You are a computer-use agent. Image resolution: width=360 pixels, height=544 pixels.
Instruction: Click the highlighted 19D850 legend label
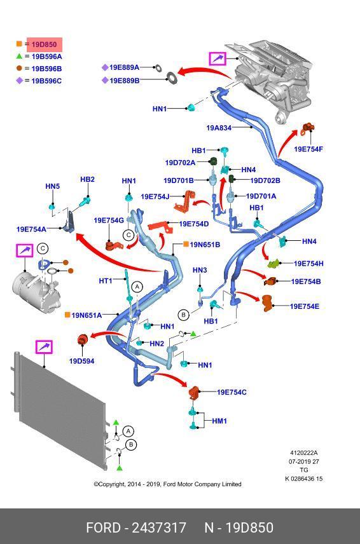point(44,44)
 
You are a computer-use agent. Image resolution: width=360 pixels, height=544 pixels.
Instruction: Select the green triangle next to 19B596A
point(19,56)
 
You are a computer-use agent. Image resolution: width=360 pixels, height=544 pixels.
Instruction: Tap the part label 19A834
point(219,128)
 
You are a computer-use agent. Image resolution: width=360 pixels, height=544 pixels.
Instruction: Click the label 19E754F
point(308,149)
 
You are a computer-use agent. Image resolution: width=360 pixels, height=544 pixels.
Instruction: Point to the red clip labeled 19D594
point(82,340)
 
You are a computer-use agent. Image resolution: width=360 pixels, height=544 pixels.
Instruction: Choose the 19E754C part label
point(232,392)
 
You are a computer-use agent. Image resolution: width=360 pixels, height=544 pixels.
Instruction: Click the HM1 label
point(219,421)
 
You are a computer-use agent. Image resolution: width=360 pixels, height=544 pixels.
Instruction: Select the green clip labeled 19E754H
point(273,264)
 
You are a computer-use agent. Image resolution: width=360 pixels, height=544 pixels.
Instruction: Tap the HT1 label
point(106,280)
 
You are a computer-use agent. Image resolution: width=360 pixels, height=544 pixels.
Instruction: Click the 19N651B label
point(205,245)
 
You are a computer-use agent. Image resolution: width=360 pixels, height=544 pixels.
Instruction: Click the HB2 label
point(87,179)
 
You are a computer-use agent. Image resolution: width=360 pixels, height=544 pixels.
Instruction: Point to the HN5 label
point(52,186)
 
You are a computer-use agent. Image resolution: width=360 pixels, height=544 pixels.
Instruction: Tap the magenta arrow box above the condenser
point(44,347)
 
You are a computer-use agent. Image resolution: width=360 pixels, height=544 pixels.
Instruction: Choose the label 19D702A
point(180,162)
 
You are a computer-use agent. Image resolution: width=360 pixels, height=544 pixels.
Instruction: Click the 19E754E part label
point(305,306)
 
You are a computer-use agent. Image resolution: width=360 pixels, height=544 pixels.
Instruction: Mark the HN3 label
point(200,270)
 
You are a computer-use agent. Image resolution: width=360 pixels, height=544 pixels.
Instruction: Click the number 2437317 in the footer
point(160,527)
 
